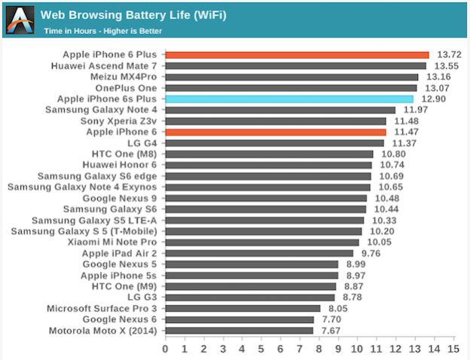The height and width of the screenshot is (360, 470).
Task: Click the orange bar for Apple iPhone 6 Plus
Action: [x=297, y=55]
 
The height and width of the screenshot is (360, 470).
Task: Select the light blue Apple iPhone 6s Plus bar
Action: [x=289, y=99]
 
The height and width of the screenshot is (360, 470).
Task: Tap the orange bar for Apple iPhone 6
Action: [x=276, y=132]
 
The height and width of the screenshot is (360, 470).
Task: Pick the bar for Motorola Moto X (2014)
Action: [x=240, y=330]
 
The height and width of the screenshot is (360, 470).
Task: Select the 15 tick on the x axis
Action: [x=453, y=349]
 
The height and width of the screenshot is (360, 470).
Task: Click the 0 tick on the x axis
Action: [x=166, y=349]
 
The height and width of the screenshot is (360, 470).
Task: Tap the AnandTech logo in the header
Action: [x=19, y=19]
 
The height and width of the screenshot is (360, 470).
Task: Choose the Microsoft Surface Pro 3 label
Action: [x=102, y=308]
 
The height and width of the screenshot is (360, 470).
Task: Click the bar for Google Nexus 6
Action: [x=240, y=319]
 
